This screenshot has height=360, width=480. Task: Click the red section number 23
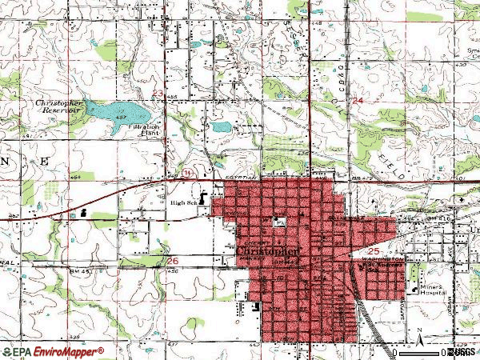[x=158, y=94]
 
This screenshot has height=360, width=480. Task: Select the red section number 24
[x=357, y=100]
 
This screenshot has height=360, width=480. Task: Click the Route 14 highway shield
[x=186, y=172]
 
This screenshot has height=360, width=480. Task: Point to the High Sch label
[x=183, y=202]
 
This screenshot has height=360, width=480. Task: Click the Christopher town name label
[x=270, y=250]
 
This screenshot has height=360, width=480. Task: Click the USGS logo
[x=460, y=351]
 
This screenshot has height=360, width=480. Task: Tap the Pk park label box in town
[x=279, y=222]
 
